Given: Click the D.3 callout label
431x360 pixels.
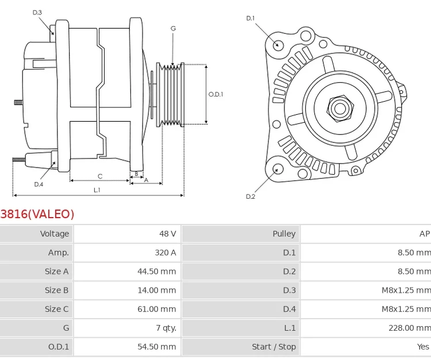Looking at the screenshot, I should point(37,12).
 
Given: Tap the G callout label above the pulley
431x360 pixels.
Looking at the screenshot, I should point(173,28).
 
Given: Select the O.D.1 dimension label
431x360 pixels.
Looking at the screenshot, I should point(215,94).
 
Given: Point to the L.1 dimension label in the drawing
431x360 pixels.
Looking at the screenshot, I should point(97,189).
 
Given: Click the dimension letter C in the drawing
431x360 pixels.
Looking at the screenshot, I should point(99,176).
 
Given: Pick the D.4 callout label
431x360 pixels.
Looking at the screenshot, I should point(39,184).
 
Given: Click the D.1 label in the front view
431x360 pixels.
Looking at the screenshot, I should point(251,18).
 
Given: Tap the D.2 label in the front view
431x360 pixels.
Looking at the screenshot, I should point(251,196).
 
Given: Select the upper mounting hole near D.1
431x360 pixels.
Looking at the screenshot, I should point(278,45).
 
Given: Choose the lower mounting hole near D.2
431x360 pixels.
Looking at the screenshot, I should point(278,169).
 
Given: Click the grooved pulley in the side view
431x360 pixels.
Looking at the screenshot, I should point(171,94).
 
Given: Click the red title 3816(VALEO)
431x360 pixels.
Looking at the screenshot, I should point(37,214).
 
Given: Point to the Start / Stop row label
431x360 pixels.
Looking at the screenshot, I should point(274,347).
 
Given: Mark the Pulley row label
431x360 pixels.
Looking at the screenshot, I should point(284,234).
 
